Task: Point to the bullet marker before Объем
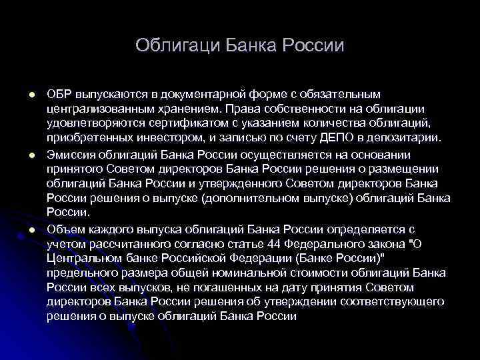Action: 31,229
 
